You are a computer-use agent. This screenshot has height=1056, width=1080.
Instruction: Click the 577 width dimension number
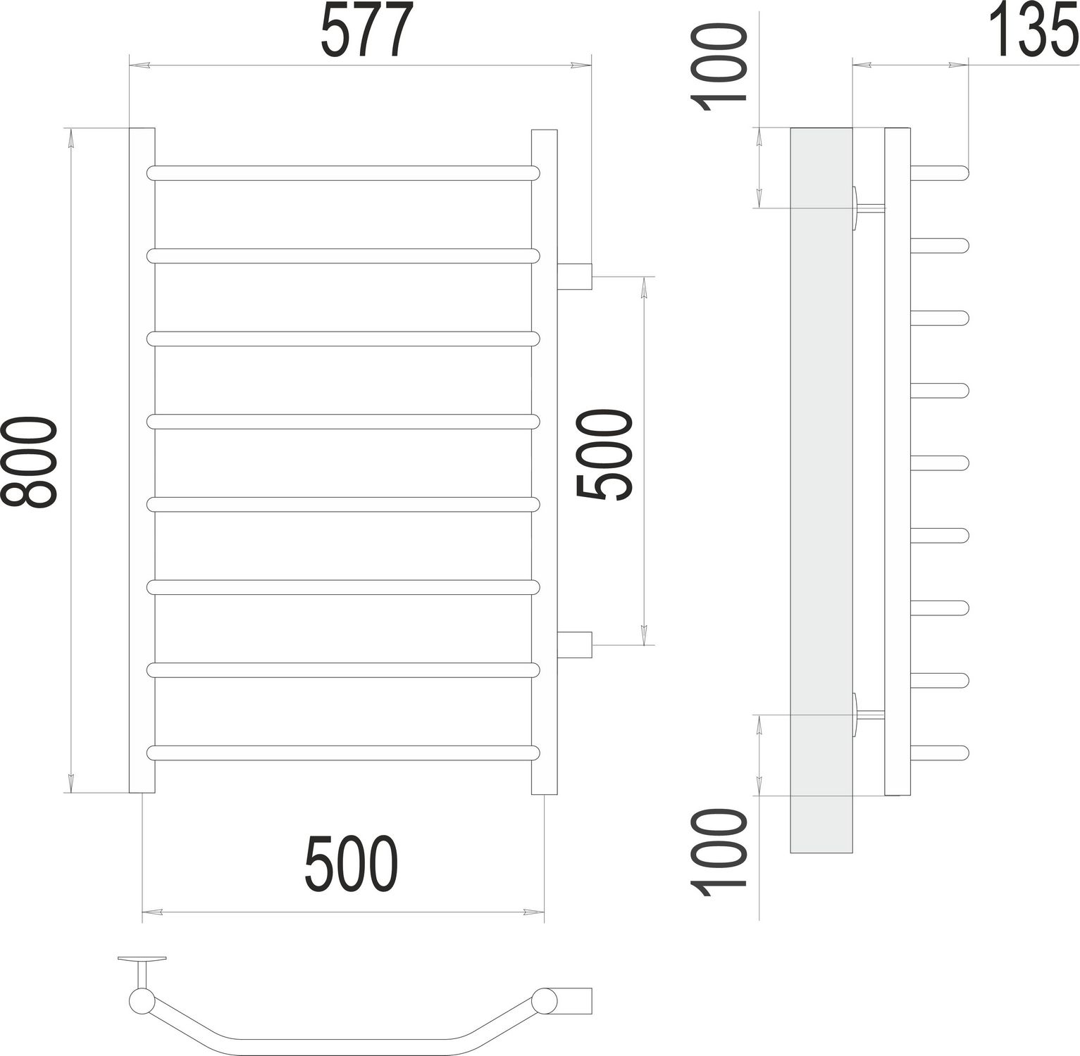point(365,32)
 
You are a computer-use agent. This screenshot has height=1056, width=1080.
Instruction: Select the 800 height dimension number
point(28,462)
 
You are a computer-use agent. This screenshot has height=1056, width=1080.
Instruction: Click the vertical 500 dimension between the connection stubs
point(604,456)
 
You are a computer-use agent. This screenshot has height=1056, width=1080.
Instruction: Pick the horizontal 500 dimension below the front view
point(352,863)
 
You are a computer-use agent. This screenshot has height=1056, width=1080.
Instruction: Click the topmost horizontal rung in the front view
point(342,173)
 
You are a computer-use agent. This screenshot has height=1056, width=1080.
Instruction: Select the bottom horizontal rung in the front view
point(342,753)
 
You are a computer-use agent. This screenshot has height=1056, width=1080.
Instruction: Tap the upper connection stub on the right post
point(574,276)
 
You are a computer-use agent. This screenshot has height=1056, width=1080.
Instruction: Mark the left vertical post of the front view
point(142,460)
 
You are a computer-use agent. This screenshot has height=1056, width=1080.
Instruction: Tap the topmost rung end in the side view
point(941,173)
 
